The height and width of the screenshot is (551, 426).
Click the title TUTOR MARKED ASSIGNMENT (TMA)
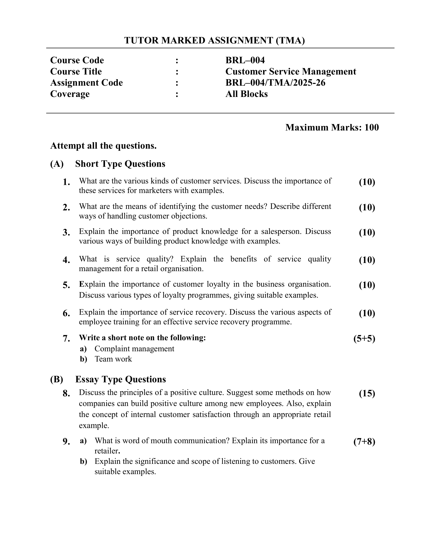click(x=214, y=40)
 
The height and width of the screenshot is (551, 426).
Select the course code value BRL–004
click(x=245, y=60)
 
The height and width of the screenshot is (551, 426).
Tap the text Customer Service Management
click(x=290, y=72)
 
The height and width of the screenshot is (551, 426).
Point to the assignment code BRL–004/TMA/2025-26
click(x=275, y=83)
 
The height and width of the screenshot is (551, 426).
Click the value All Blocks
click(x=246, y=94)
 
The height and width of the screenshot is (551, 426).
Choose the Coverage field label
click(x=70, y=94)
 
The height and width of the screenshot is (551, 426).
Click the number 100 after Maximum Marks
click(x=371, y=127)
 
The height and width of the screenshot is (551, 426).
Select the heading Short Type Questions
click(x=120, y=164)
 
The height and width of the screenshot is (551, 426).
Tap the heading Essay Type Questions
click(x=120, y=379)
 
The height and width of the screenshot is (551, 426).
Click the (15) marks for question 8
click(x=367, y=393)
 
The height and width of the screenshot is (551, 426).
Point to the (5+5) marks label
click(x=364, y=339)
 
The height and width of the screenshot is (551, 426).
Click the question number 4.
click(x=66, y=260)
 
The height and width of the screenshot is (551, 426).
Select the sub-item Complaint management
click(x=134, y=349)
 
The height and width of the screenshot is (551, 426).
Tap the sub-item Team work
click(x=113, y=359)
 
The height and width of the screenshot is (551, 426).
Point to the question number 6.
click(x=66, y=314)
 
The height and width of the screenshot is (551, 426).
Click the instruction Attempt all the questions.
click(x=103, y=146)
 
